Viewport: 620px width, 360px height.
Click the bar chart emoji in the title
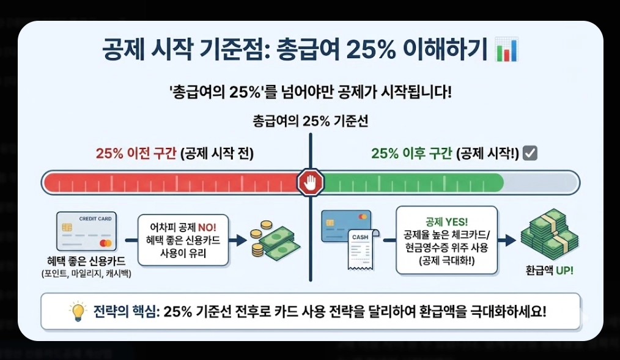[507, 49]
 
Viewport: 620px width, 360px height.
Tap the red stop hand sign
[311, 182]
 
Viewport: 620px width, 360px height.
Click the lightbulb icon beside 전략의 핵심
[78, 312]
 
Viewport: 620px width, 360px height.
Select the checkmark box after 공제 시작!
[530, 153]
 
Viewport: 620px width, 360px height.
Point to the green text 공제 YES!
[446, 221]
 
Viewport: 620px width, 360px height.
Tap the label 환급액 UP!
[550, 270]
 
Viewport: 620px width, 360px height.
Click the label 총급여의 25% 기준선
[310, 121]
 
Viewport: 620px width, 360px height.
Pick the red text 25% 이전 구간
[136, 153]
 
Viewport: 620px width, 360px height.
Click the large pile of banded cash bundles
[549, 235]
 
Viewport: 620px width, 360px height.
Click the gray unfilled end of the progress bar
[541, 182]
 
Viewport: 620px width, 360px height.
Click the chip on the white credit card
[67, 228]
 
